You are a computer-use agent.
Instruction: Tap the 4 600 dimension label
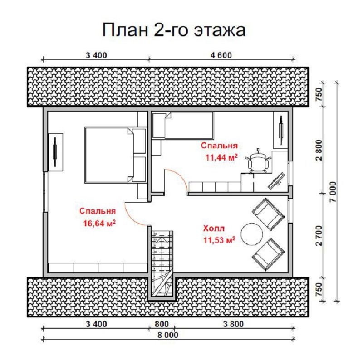click(x=221, y=55)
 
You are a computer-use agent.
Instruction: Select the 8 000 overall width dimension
click(x=167, y=335)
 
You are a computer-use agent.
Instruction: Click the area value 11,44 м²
click(x=221, y=157)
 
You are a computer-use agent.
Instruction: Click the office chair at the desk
click(x=258, y=160)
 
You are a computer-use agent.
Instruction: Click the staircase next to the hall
click(x=162, y=263)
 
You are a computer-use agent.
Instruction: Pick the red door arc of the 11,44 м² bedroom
click(x=178, y=180)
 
